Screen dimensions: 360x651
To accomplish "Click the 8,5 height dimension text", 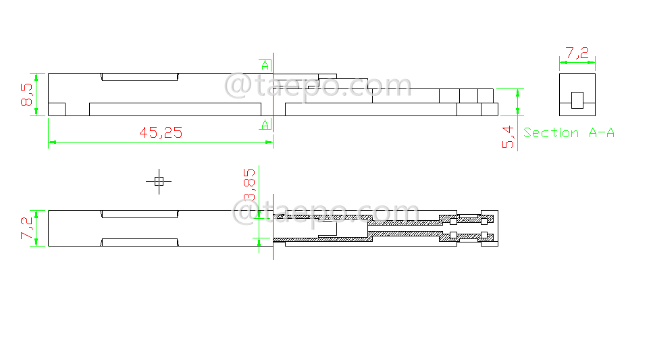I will coord(28,95).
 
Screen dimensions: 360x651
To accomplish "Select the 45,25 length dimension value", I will coord(161,133).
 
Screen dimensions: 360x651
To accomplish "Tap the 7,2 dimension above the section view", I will coord(577,53).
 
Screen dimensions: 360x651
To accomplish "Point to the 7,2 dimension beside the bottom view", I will coord(28,228).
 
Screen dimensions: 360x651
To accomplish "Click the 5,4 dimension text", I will coord(509,137).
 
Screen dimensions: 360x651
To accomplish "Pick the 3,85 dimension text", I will coord(250,184).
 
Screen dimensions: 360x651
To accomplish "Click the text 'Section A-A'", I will coord(569,133).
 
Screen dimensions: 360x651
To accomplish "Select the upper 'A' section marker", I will coord(265,66).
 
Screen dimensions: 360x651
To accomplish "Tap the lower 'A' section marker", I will coord(265,124).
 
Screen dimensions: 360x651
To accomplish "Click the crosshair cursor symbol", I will coord(159,181).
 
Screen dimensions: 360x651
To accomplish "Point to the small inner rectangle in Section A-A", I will coord(577,100).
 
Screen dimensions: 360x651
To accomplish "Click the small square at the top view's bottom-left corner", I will coord(57,109).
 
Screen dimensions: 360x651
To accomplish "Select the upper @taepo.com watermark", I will coord(317,86).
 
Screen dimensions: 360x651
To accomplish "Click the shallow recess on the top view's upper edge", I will coord(140,77).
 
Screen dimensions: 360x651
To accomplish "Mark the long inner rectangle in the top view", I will coord(175,109).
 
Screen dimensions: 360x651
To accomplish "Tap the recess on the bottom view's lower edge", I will coord(140,242).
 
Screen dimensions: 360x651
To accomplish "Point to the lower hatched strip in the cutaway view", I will coord(378,236).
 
